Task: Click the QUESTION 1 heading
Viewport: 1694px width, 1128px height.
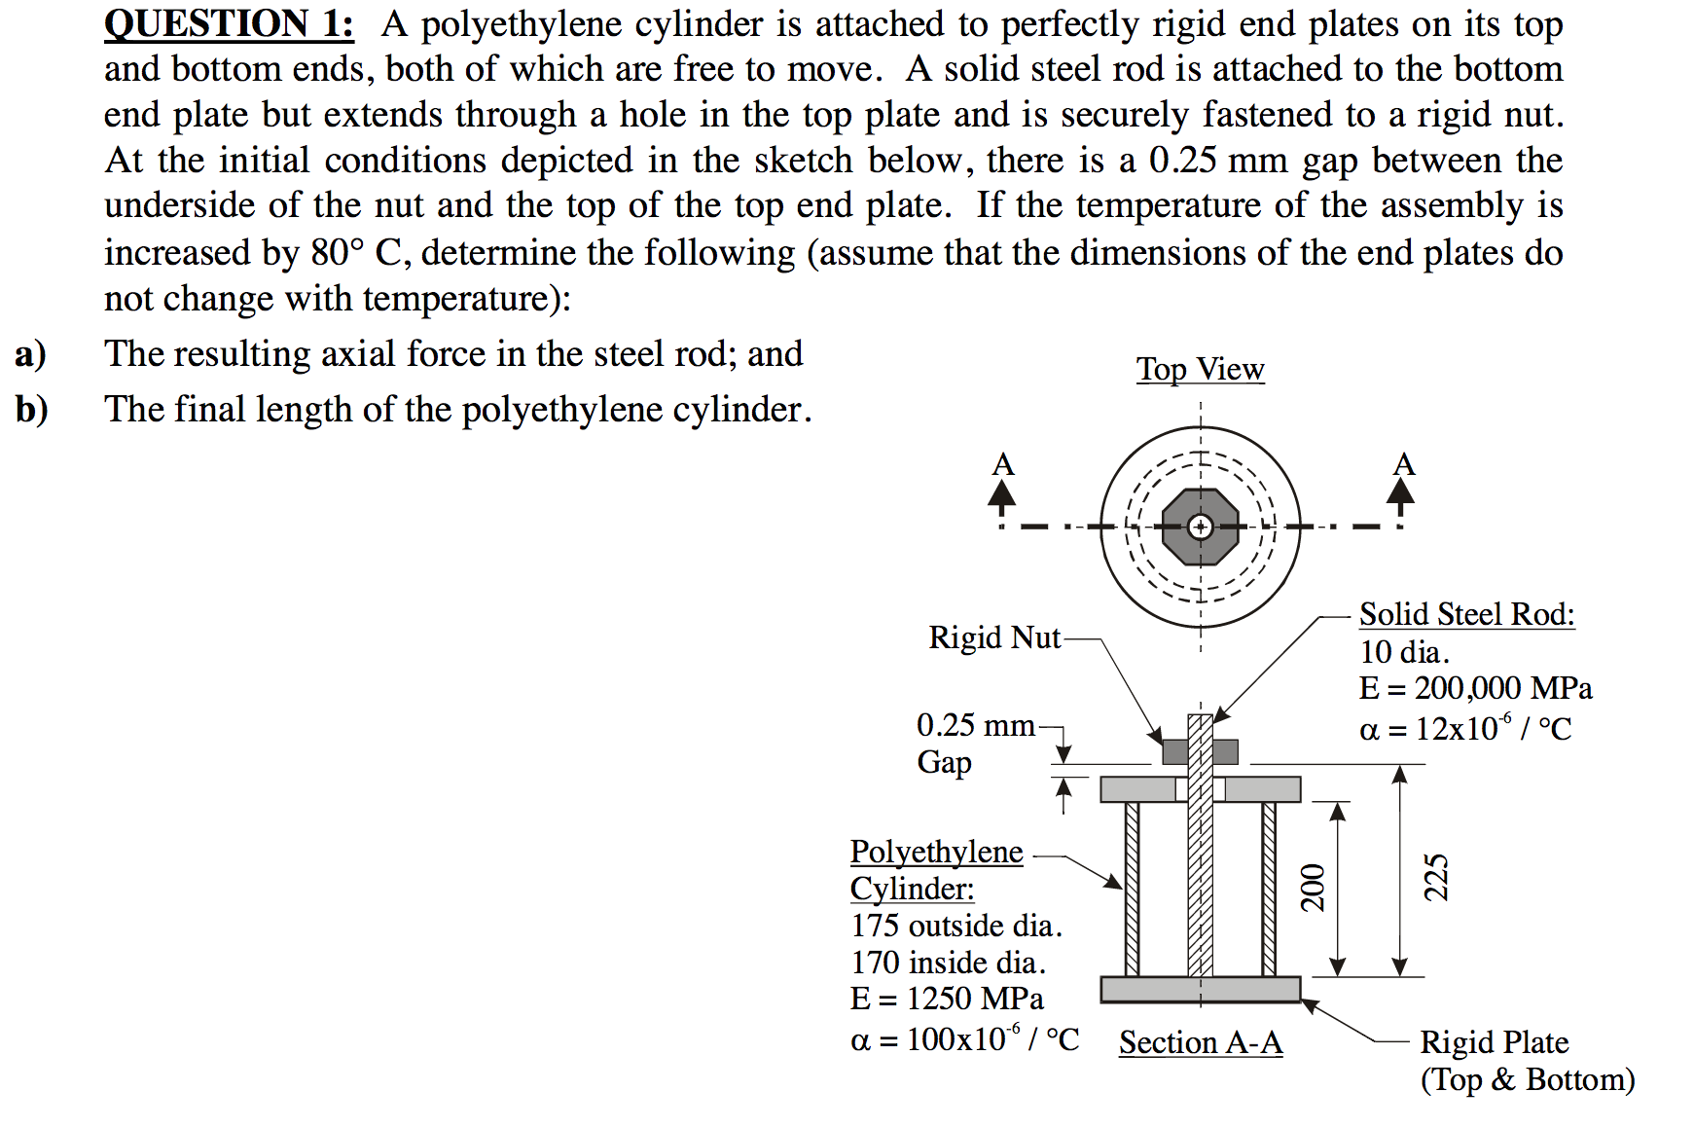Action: [229, 23]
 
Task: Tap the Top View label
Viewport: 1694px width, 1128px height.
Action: [1200, 370]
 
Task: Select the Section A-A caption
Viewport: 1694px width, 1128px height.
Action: [1200, 1042]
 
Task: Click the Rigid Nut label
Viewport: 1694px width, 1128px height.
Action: [993, 637]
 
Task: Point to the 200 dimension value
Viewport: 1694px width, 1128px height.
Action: [1313, 887]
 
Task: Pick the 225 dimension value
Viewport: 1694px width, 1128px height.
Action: [1436, 877]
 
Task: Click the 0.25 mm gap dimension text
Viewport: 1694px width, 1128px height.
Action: [975, 726]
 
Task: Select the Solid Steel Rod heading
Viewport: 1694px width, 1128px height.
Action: [1466, 614]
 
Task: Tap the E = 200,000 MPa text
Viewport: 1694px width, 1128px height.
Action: [1475, 689]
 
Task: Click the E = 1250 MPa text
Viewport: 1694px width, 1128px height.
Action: [946, 1000]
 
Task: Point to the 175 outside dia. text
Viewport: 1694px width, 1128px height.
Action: [955, 926]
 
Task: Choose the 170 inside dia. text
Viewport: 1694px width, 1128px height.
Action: [948, 963]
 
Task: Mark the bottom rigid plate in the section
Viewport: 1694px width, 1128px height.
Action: [1200, 990]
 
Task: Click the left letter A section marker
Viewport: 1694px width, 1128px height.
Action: [1002, 465]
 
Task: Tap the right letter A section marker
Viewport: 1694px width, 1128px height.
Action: [1402, 464]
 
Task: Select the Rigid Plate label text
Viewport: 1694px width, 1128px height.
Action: [1494, 1042]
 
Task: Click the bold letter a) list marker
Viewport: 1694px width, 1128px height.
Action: [30, 354]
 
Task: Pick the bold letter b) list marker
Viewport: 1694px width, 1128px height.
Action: [31, 410]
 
